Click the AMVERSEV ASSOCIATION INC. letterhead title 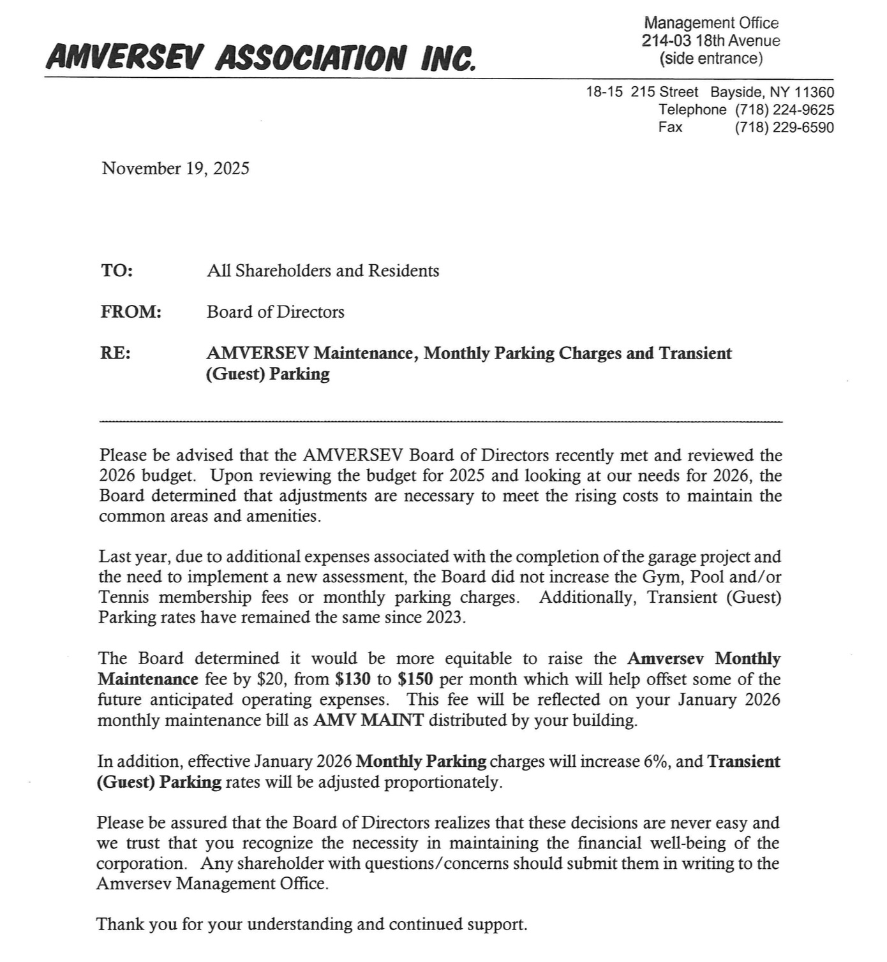[x=261, y=58]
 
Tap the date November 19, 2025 [x=175, y=168]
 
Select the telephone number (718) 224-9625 [x=784, y=110]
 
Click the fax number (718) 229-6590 [x=784, y=128]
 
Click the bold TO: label [x=117, y=270]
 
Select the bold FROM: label [x=131, y=312]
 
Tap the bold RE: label [x=116, y=353]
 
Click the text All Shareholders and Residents [x=323, y=271]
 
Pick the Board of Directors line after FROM [x=275, y=312]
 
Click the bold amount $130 [x=352, y=679]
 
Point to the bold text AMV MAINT [x=368, y=721]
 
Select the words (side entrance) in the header [x=711, y=59]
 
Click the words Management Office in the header [x=711, y=23]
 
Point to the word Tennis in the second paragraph [x=124, y=598]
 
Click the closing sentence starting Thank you [x=311, y=924]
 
